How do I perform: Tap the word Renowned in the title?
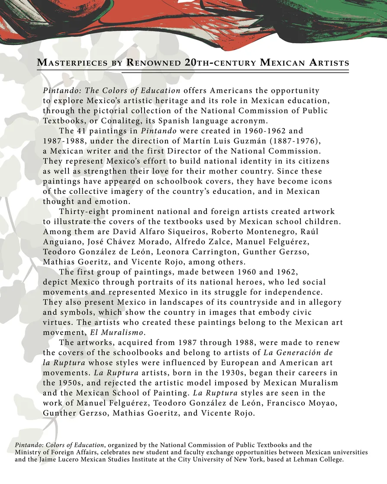153,63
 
